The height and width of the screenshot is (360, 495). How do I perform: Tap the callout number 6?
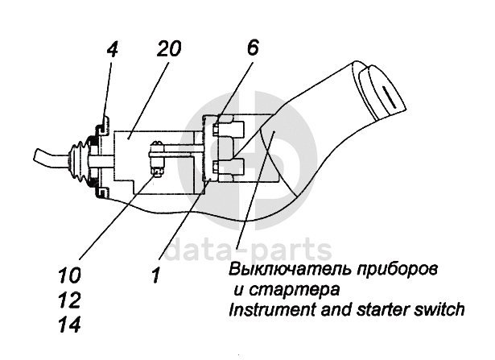click(253, 48)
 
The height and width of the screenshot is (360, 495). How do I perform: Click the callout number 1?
click(155, 275)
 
